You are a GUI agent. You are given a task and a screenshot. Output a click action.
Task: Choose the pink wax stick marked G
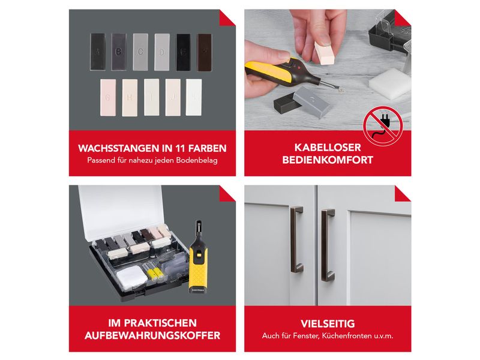click(x=108, y=97)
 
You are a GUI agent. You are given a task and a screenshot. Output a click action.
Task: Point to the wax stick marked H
click(x=130, y=97)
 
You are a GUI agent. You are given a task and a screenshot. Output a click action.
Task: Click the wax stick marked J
click(x=173, y=97)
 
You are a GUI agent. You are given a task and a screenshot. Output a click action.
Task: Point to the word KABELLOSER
click(x=328, y=148)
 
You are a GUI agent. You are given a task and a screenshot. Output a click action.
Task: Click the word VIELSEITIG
click(x=327, y=323)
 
